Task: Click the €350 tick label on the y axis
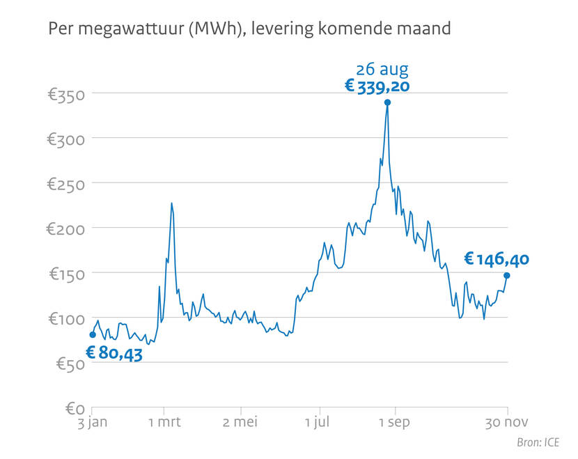[65, 94]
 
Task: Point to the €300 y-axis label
[65, 139]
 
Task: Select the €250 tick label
[65, 184]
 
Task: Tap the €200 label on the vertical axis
[65, 228]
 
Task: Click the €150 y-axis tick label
[65, 274]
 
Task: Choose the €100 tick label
[65, 319]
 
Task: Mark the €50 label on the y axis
[68, 364]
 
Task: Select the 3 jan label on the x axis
[92, 423]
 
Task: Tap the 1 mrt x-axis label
[164, 423]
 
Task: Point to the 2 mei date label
[241, 423]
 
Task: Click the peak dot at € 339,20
[387, 102]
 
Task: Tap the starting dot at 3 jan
[93, 335]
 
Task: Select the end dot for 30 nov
[507, 276]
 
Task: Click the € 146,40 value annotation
[497, 260]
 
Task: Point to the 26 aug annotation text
[382, 69]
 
